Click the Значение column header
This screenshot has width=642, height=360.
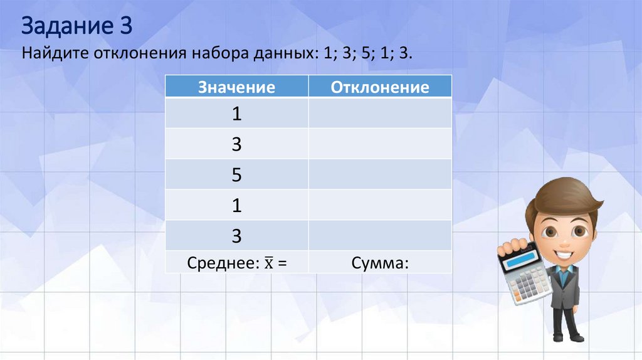point(236,87)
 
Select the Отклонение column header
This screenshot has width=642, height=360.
point(379,87)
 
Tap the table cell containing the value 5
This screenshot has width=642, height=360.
point(236,175)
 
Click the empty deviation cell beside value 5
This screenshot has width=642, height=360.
point(379,175)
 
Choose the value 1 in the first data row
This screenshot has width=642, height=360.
point(236,115)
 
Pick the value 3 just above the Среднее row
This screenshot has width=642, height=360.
point(236,235)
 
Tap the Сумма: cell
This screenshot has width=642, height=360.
point(379,264)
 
